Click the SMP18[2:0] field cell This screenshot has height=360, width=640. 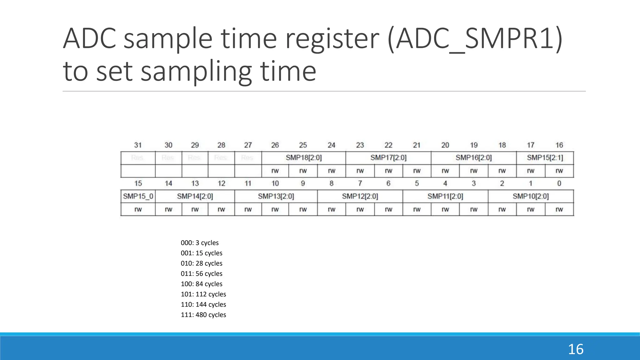pyautogui.click(x=303, y=158)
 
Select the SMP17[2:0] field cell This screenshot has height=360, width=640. pyautogui.click(x=388, y=158)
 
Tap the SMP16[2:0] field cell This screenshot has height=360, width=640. pyautogui.click(x=473, y=158)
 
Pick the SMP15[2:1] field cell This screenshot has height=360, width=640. pyautogui.click(x=545, y=158)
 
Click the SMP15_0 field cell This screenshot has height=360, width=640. pyautogui.click(x=138, y=196)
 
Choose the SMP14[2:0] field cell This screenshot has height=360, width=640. pyautogui.click(x=195, y=196)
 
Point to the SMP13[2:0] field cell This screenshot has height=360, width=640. pyautogui.click(x=276, y=196)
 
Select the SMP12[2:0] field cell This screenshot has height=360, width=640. pyautogui.click(x=360, y=196)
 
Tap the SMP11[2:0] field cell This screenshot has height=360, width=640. pyautogui.click(x=445, y=196)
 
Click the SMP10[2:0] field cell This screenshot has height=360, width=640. pyautogui.click(x=531, y=196)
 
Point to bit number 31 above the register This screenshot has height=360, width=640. pyautogui.click(x=138, y=145)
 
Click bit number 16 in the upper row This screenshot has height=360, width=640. pyautogui.click(x=559, y=145)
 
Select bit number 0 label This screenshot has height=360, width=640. pyautogui.click(x=559, y=183)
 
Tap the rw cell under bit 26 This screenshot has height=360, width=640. pyautogui.click(x=275, y=171)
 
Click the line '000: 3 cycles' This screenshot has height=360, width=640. pyautogui.click(x=200, y=243)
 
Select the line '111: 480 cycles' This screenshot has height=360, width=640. pyautogui.click(x=203, y=315)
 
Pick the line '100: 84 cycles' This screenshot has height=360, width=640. pyautogui.click(x=202, y=284)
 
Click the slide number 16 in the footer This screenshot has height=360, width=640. pyautogui.click(x=576, y=349)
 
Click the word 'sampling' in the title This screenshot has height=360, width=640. pyautogui.click(x=196, y=72)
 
